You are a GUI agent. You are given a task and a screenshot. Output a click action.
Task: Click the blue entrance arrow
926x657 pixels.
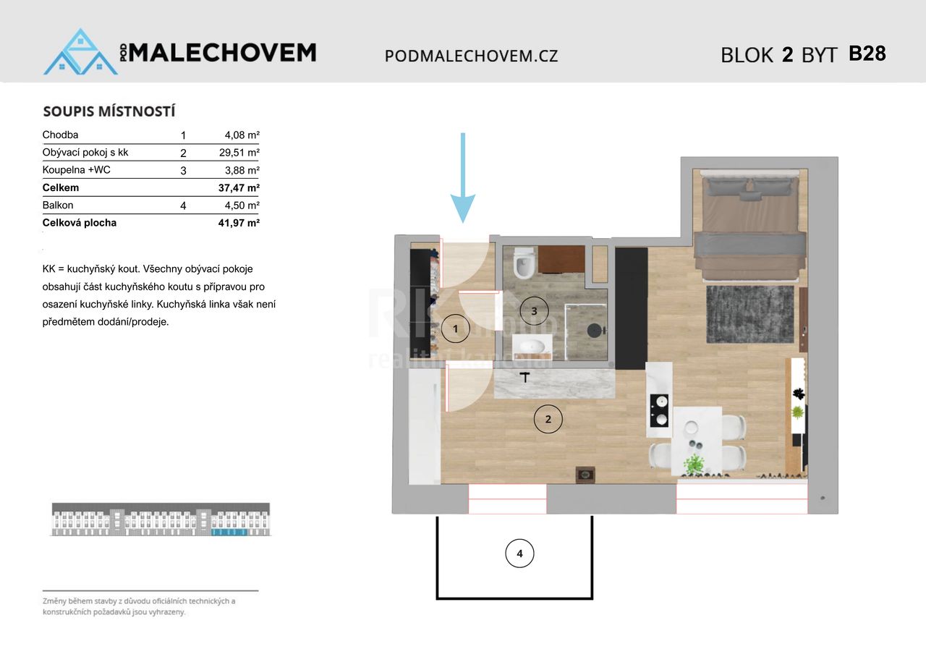coord(463,178)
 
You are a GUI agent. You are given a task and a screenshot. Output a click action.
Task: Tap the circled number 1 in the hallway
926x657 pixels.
coord(456,328)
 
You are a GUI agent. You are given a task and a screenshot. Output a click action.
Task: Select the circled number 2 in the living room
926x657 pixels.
coord(548,419)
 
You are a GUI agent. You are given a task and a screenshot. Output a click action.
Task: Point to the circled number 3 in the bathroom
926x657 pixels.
coord(534,310)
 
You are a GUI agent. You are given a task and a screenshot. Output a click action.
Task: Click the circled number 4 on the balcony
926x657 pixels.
coord(519,554)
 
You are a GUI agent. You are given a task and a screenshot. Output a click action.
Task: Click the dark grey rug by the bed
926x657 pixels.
coord(750,314)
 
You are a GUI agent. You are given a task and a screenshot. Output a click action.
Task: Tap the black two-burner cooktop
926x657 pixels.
coord(658,410)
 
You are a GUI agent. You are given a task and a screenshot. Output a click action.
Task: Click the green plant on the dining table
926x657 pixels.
coord(694,462)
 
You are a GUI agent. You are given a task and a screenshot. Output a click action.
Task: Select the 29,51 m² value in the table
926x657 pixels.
coord(239,153)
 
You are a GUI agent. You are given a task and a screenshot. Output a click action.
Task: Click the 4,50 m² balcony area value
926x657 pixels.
coord(242,205)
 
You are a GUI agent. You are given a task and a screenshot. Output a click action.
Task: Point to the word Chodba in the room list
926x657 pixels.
coord(60,135)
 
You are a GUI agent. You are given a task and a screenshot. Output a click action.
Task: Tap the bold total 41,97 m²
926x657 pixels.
coord(239,224)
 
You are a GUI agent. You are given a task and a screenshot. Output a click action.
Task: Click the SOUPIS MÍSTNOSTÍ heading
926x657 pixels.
coord(109,111)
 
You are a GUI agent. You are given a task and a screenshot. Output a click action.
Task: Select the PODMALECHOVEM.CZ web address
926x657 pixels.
coord(471,56)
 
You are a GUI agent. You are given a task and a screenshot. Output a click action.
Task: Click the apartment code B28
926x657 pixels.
coord(867,54)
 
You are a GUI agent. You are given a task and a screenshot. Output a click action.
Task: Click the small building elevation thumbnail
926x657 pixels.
coord(161,520)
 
